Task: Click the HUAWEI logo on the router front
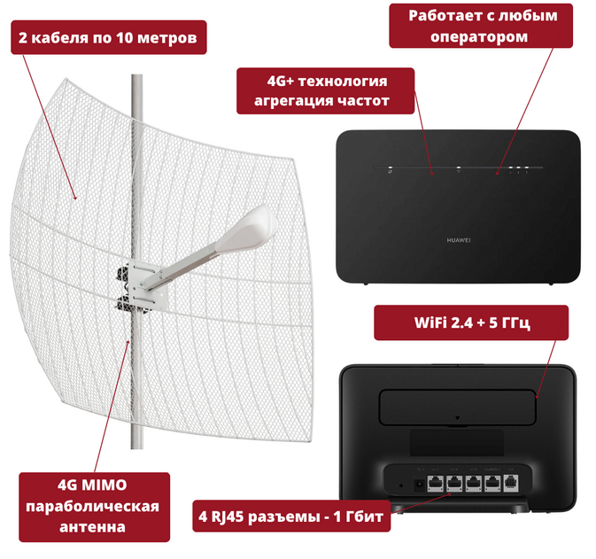point(459,240)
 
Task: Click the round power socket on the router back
point(419,485)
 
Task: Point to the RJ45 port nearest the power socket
point(435,484)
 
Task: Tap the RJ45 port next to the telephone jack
point(492,484)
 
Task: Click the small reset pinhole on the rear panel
point(401,485)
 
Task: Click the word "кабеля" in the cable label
point(61,37)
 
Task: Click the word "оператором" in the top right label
point(479,37)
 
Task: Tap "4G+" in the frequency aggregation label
point(281,81)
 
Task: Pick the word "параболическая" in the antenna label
point(93,507)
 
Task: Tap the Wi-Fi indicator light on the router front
point(459,170)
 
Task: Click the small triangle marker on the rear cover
point(458,418)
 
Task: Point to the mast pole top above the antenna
point(137,76)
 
